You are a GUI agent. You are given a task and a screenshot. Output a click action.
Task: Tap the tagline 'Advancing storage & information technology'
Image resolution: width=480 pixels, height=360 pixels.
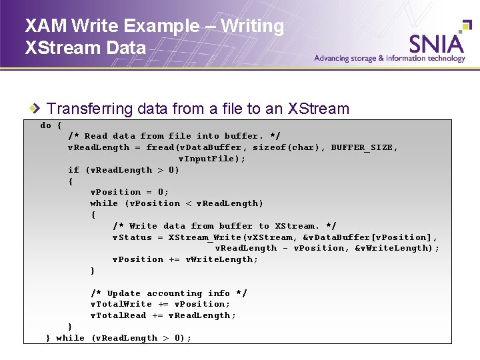(x=390, y=58)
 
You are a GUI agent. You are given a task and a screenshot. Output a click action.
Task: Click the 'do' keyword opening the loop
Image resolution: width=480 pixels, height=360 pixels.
(x=46, y=125)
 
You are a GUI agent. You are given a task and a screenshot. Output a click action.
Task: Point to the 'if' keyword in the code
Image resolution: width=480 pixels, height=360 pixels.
(x=73, y=170)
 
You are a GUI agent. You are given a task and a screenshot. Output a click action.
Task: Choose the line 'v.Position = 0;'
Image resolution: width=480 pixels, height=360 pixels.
(x=129, y=192)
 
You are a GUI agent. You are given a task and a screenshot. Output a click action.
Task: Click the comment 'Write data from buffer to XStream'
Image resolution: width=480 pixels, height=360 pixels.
(x=224, y=226)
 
